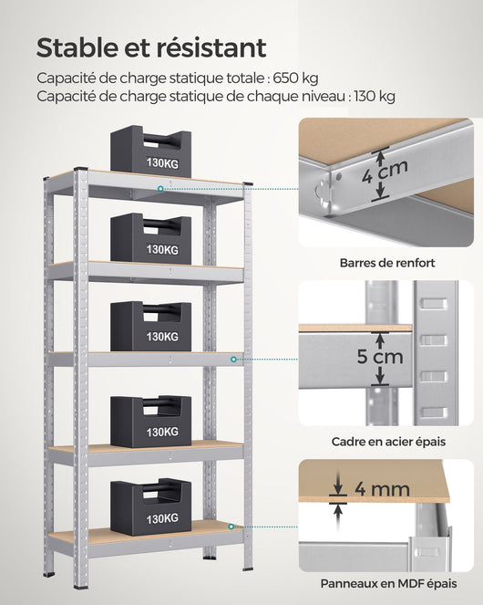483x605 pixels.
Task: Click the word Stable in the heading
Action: pyautogui.click(x=78, y=47)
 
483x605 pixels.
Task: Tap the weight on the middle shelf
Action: pyautogui.click(x=150, y=327)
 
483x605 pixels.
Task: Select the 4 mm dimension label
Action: pyautogui.click(x=382, y=490)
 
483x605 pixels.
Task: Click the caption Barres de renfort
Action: pyautogui.click(x=387, y=263)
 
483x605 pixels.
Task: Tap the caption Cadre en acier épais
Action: pyautogui.click(x=388, y=441)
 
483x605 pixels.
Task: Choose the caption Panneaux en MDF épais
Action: pyautogui.click(x=388, y=583)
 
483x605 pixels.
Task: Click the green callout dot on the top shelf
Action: pyautogui.click(x=160, y=189)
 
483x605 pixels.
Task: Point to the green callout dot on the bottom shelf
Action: pyautogui.click(x=233, y=527)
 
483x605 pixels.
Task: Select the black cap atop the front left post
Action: pyautogui.click(x=80, y=171)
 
